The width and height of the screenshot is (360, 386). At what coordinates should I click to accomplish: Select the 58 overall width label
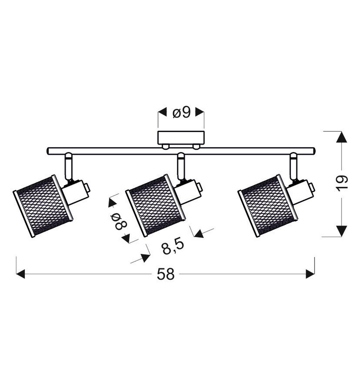[166, 274]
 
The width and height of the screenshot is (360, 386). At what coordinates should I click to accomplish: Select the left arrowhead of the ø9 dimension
[162, 112]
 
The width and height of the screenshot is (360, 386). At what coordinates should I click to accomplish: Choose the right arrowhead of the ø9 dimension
[200, 112]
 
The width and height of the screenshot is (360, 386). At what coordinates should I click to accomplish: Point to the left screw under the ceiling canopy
[165, 147]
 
